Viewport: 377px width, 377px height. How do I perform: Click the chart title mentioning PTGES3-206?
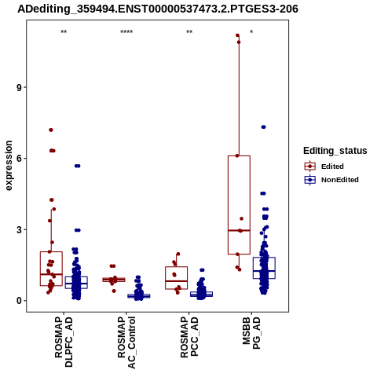158,9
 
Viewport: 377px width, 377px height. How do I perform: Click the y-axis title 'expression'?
9,166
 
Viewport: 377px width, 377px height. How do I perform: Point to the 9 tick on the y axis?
19,87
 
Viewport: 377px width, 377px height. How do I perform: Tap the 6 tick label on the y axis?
19,159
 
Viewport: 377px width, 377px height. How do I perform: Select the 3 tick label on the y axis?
19,230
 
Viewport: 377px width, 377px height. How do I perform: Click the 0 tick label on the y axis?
19,301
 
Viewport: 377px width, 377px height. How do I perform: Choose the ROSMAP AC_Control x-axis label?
126,342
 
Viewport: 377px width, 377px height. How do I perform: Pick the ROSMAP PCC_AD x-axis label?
189,337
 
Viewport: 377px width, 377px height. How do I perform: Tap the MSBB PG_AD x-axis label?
251,333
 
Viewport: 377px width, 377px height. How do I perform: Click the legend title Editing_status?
335,151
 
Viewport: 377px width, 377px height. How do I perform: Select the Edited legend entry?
324,167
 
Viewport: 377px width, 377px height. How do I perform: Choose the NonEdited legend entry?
331,180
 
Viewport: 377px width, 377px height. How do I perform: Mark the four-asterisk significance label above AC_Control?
126,32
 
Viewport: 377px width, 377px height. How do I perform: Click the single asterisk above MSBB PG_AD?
251,32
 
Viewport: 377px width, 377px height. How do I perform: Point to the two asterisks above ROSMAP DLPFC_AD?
64,32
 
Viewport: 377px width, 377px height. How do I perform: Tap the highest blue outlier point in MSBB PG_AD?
264,127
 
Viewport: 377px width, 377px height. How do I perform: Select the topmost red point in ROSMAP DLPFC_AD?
51,130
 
